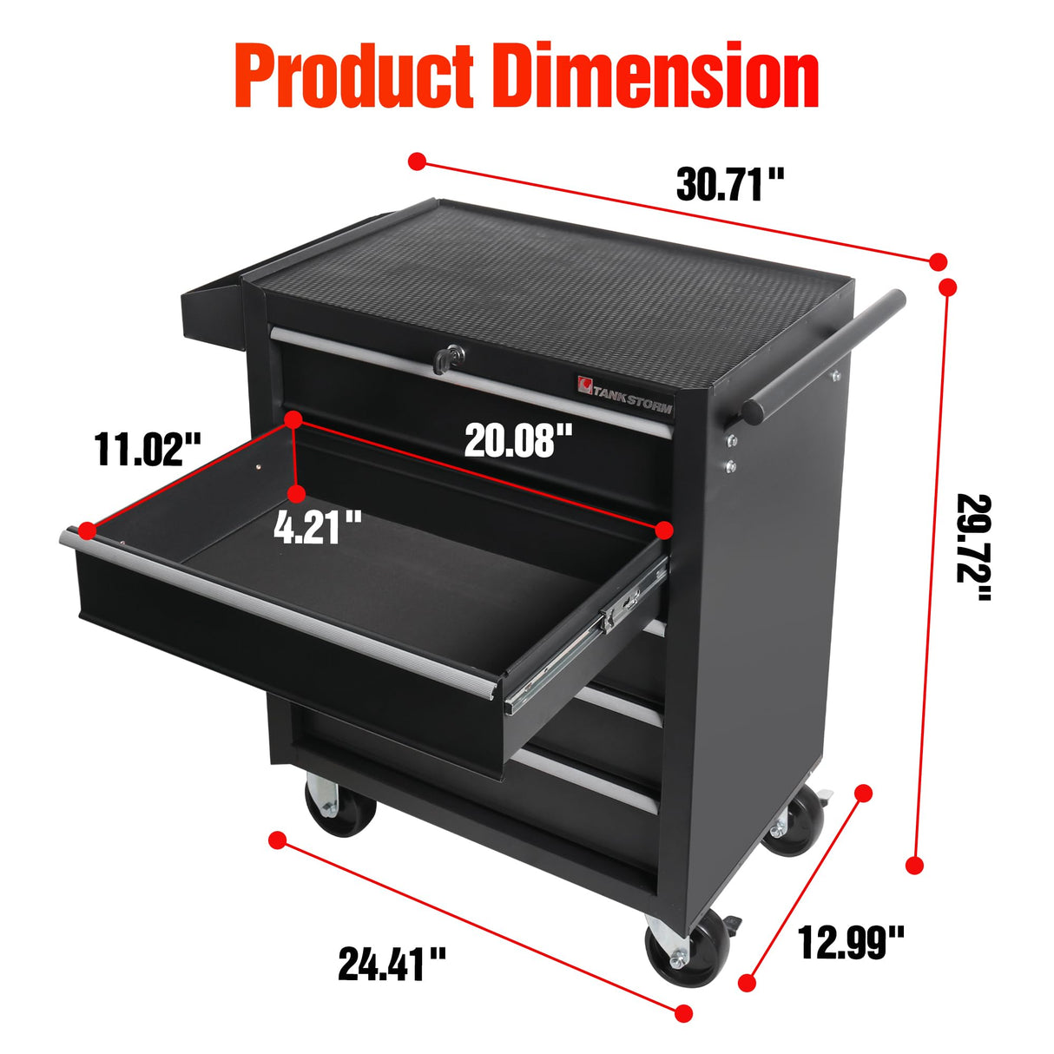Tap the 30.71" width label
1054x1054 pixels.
(730, 185)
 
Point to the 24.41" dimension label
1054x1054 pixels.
(392, 964)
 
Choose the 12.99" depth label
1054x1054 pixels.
(851, 941)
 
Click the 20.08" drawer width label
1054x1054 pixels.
(518, 440)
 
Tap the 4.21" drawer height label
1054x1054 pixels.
(318, 527)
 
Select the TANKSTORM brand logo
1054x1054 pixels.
(625, 388)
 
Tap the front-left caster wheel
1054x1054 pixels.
(340, 807)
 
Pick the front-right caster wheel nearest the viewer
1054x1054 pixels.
(686, 952)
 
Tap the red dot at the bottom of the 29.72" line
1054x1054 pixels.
(914, 865)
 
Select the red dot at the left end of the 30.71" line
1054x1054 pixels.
(418, 161)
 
